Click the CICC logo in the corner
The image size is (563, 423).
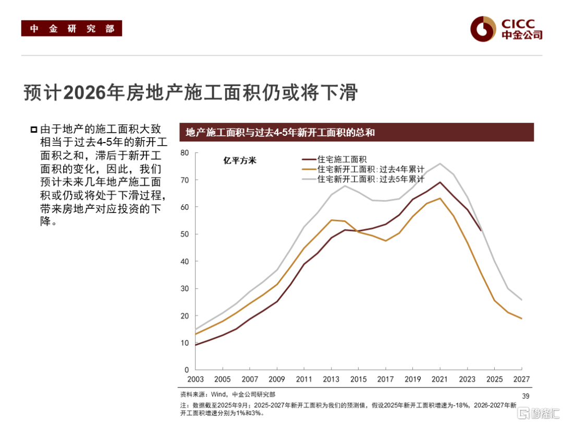click(x=506, y=29)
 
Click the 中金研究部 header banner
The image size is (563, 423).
click(x=71, y=29)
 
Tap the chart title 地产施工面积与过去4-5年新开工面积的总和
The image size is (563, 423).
click(x=280, y=133)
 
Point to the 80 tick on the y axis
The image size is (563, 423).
click(x=183, y=152)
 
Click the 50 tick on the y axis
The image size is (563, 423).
click(x=183, y=234)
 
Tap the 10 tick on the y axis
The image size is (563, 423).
click(x=183, y=343)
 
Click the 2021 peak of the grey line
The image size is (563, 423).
click(x=439, y=163)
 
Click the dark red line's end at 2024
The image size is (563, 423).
click(x=480, y=230)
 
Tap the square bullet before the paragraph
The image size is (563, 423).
click(x=34, y=129)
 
